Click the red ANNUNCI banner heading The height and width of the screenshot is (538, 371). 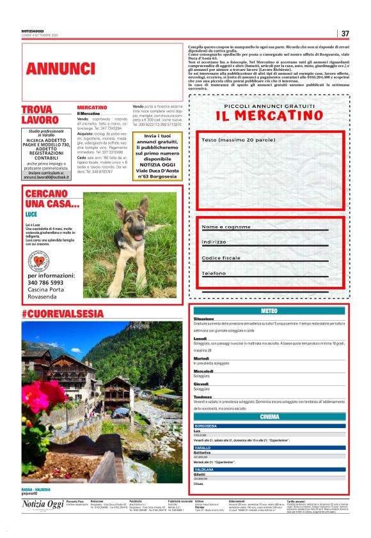coord(52,68)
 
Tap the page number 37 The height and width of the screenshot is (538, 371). coord(345,33)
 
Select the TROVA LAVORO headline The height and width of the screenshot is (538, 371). coord(40,114)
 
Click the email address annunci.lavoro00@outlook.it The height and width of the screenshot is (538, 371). coord(45,177)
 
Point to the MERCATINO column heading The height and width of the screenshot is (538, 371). coord(92,107)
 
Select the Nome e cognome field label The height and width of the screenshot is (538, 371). coord(226,227)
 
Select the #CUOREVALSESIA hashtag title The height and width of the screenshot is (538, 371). coord(62,314)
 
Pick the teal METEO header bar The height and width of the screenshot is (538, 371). coord(269,311)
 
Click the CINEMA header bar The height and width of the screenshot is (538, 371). coord(269,417)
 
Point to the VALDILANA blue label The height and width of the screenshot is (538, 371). coord(205,470)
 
